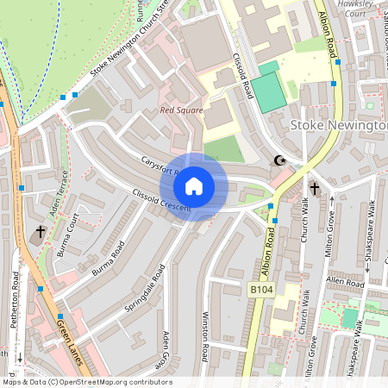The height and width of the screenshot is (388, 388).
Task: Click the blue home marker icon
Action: [x=194, y=186]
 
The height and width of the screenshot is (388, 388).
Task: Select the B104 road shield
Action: [x=261, y=291]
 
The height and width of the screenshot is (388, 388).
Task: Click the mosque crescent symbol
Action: [x=279, y=160]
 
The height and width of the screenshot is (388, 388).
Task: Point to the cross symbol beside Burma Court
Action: [x=40, y=232]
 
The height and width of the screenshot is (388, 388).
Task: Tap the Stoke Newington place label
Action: [x=339, y=126]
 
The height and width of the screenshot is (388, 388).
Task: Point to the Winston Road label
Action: [x=205, y=336]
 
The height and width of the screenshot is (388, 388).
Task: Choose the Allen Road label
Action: [x=346, y=283]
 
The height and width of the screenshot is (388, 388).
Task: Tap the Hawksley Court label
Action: [x=354, y=9]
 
